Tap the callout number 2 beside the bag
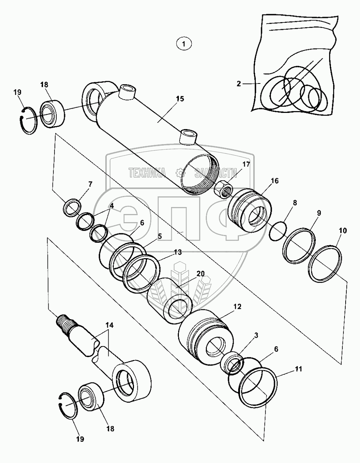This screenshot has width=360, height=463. [x=239, y=84]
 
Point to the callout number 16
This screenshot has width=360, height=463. [x=275, y=181]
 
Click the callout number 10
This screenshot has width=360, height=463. [x=343, y=231]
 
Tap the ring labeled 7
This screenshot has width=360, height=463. [x=72, y=207]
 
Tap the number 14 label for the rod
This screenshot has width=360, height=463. [x=109, y=325]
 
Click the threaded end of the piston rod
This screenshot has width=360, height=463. [x=66, y=323]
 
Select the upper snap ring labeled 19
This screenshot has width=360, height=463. [x=28, y=117]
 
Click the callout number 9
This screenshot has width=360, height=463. [x=319, y=213]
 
